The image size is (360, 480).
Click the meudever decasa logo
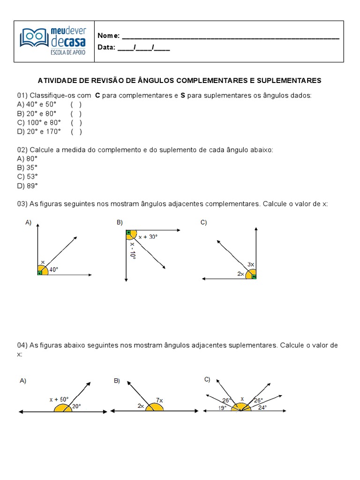(x=53, y=41)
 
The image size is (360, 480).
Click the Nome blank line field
(x=230, y=37)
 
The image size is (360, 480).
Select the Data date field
(x=143, y=47)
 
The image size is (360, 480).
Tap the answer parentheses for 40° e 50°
(x=76, y=105)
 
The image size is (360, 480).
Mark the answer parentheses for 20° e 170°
(x=76, y=132)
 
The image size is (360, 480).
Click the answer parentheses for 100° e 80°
(x=76, y=123)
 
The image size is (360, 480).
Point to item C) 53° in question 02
(x=27, y=177)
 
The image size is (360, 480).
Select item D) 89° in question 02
(x=27, y=186)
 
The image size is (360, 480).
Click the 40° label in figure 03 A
(x=54, y=270)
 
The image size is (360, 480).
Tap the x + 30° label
(x=148, y=237)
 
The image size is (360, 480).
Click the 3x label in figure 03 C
(x=251, y=264)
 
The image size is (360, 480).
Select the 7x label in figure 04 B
(x=159, y=400)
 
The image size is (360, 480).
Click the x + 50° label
(x=60, y=399)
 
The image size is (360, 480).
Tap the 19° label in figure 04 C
(x=222, y=408)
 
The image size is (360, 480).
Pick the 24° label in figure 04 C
(x=262, y=408)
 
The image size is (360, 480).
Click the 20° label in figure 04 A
(x=76, y=406)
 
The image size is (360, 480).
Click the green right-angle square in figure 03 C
(x=254, y=277)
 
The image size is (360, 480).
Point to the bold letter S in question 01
(x=183, y=96)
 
